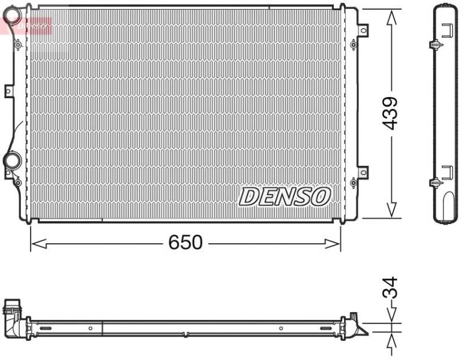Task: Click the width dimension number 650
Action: pos(185,243)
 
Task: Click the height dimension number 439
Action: pos(390,113)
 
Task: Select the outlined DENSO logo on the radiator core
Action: pos(285,196)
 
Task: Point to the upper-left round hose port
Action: pos(11,17)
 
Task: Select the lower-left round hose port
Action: pos(12,160)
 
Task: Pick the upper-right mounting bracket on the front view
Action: pos(363,29)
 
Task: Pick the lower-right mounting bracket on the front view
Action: pos(363,171)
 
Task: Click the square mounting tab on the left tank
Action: pos(8,90)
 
